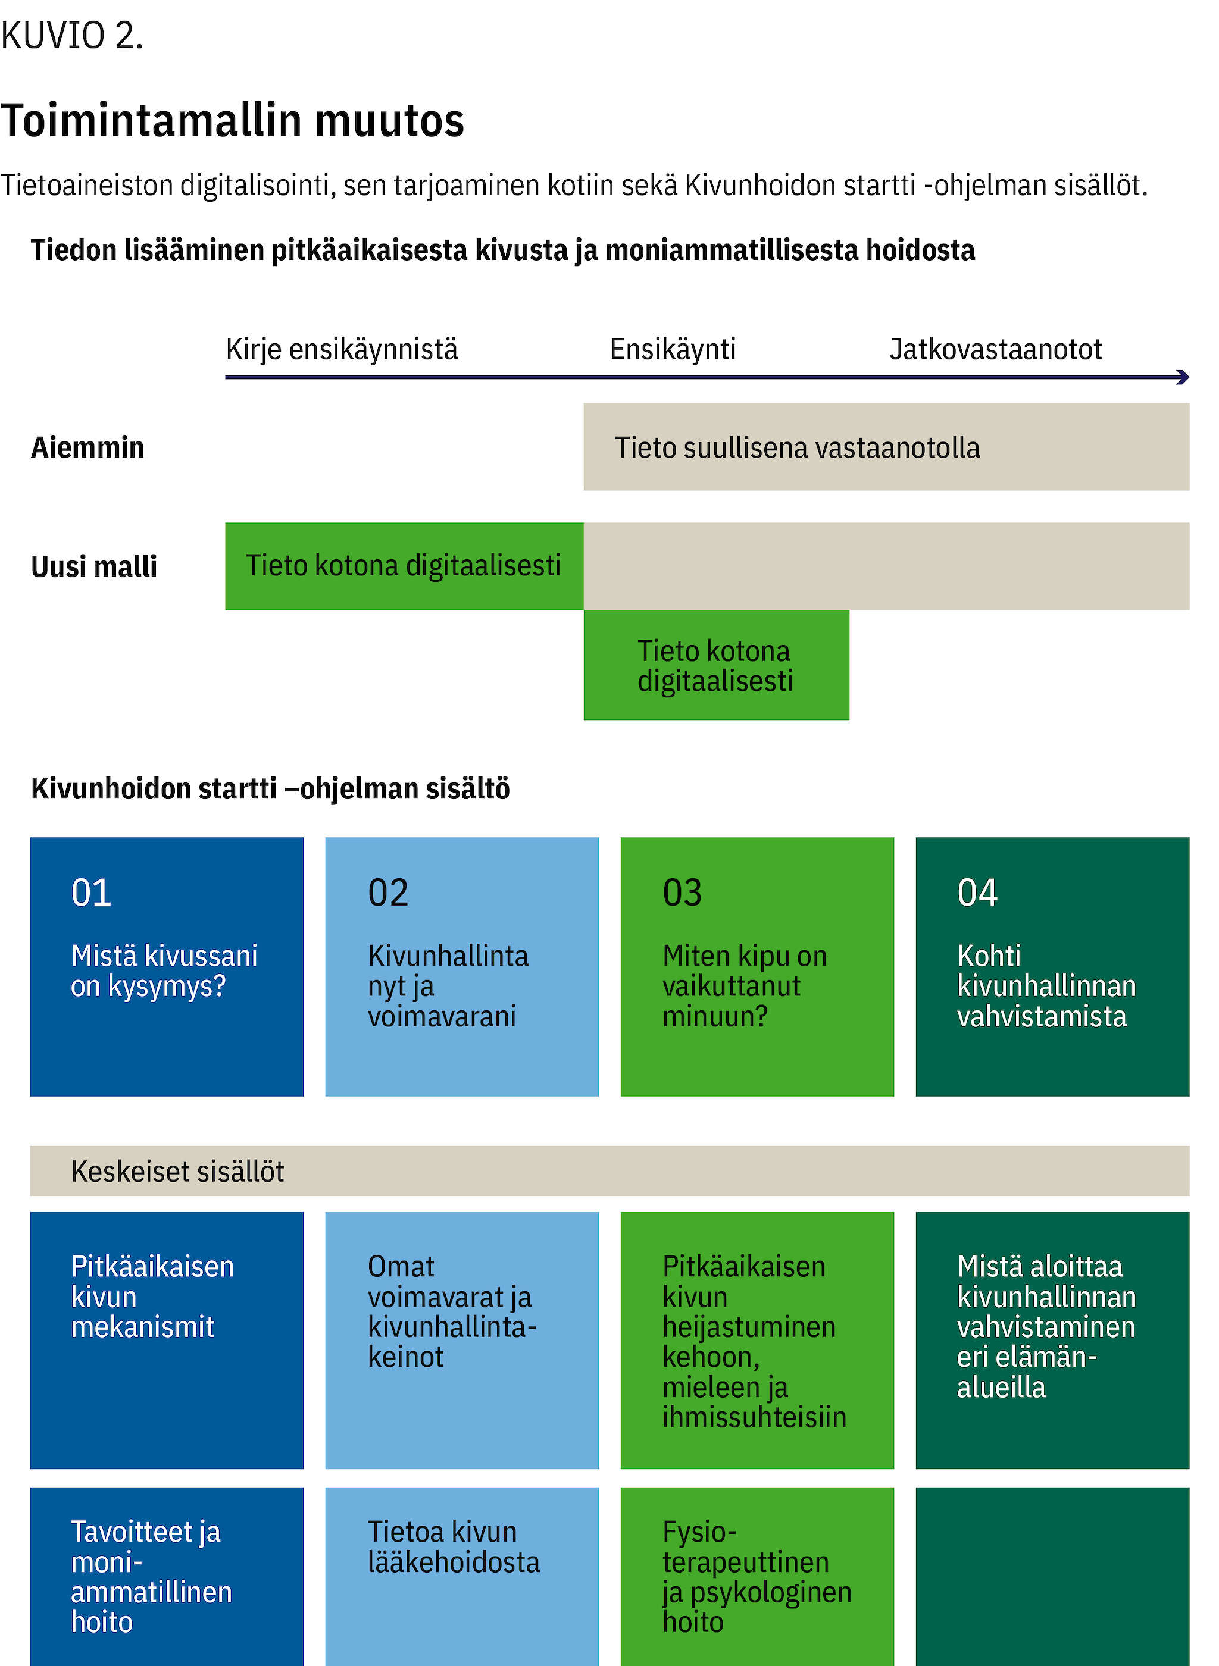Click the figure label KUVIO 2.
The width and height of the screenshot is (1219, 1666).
71,35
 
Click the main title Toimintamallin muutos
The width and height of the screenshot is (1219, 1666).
233,120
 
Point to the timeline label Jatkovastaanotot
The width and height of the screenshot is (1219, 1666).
995,349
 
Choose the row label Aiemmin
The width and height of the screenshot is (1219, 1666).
87,447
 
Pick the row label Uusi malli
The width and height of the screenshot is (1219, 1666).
93,566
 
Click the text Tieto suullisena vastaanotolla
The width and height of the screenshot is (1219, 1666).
797,447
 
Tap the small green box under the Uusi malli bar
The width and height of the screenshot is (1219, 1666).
716,665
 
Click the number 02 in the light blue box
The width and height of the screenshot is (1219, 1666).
387,892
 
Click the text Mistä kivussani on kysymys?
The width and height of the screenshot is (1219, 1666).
164,970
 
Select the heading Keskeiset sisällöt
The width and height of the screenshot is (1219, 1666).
177,1171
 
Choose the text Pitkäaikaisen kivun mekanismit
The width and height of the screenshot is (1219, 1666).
152,1297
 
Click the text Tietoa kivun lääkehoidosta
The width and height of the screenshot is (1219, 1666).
454,1547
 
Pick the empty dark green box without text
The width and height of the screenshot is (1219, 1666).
1052,1577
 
